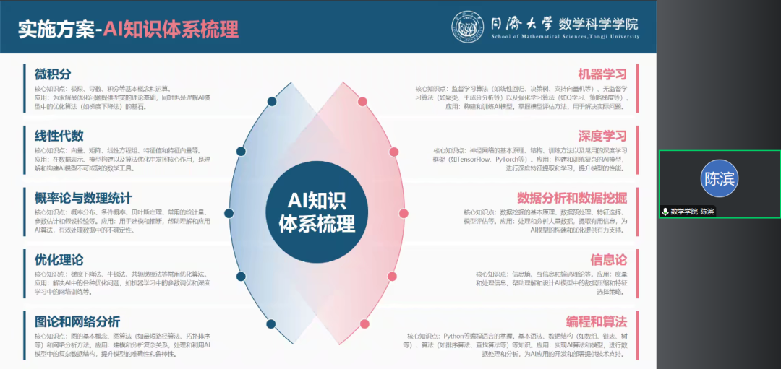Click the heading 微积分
point(53,74)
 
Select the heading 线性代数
point(59,136)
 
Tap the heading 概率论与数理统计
point(82,197)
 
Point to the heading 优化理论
point(59,259)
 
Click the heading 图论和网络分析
point(77,321)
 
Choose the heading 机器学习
point(602,74)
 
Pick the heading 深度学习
point(602,136)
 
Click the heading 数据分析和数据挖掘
point(571,197)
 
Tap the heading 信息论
point(608,259)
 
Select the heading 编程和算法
point(596,321)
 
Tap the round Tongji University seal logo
point(469,27)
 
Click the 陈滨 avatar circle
point(718,179)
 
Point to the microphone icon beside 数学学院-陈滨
point(665,212)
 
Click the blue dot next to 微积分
point(272,101)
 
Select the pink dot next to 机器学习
point(362,101)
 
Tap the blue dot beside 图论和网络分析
point(271,324)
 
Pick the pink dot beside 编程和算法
point(364,324)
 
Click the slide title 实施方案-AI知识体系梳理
point(127,30)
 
